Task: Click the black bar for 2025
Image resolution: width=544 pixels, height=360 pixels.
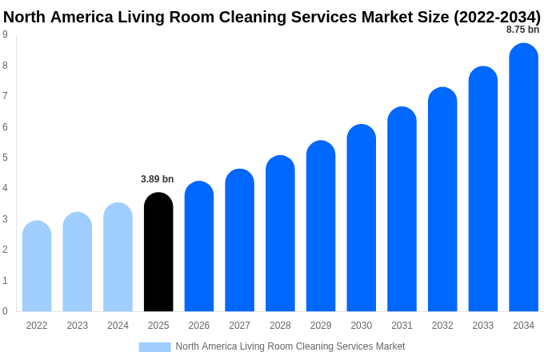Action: point(158,252)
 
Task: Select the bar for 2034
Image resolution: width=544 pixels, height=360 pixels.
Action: point(523,178)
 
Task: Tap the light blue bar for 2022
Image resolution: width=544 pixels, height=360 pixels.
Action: point(37,266)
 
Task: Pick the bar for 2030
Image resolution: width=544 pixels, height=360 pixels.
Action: point(361,218)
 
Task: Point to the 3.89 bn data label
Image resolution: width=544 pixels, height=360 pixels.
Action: point(157,179)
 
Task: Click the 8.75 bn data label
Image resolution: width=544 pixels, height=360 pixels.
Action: point(522,30)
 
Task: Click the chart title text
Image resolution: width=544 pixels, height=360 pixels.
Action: point(272,17)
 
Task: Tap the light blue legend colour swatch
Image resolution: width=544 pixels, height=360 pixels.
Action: point(154,346)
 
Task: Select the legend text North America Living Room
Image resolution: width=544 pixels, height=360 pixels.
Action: point(290,346)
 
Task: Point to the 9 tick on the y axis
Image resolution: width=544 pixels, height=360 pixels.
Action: point(5,34)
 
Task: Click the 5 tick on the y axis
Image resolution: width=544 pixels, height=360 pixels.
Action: point(5,158)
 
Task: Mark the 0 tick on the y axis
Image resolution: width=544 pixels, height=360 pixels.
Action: point(5,311)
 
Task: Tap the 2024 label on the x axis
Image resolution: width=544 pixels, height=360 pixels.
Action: point(118,326)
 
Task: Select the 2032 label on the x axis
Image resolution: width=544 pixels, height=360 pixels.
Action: point(442,326)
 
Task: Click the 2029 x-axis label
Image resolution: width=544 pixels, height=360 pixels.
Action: point(321,326)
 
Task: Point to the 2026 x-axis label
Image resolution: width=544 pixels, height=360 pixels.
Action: point(199,326)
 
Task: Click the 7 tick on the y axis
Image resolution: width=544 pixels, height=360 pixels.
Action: point(5,96)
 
